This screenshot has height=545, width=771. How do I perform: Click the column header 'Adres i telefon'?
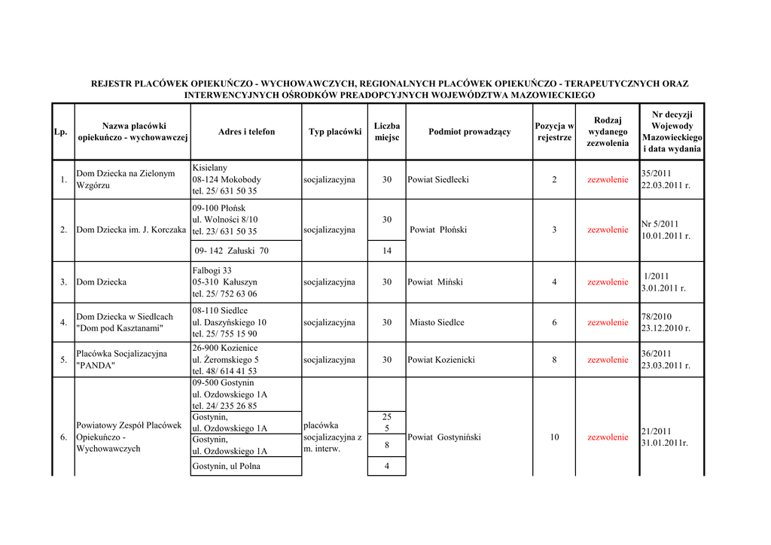(x=246, y=132)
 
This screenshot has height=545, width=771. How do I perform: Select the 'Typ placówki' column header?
(x=334, y=132)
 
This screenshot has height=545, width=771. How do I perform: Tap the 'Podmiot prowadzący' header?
(x=469, y=132)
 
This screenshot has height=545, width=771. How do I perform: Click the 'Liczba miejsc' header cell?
(x=386, y=132)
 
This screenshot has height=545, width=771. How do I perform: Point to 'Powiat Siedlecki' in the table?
(x=438, y=180)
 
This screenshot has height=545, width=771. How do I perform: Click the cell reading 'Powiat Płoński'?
(x=438, y=230)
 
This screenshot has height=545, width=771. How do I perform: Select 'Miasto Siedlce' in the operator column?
(x=437, y=323)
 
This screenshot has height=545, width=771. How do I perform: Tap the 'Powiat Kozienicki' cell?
(x=441, y=360)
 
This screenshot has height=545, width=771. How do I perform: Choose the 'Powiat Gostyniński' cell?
(x=443, y=437)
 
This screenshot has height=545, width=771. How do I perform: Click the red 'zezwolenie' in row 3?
(x=608, y=282)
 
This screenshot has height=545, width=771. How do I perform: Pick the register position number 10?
(x=554, y=437)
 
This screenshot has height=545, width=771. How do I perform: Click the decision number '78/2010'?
(x=657, y=317)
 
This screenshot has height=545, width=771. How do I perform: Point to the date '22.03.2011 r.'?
(x=666, y=186)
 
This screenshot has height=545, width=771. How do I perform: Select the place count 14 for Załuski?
(x=386, y=251)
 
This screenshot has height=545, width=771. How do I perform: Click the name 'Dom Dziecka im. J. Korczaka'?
(x=131, y=230)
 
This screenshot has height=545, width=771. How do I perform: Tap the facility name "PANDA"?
(x=96, y=366)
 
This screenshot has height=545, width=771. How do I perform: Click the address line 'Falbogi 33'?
(x=212, y=270)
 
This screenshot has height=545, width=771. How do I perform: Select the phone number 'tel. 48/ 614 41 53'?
(x=224, y=371)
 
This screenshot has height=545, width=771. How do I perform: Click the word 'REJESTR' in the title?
(x=111, y=84)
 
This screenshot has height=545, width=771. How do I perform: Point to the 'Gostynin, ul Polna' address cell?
(x=226, y=467)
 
